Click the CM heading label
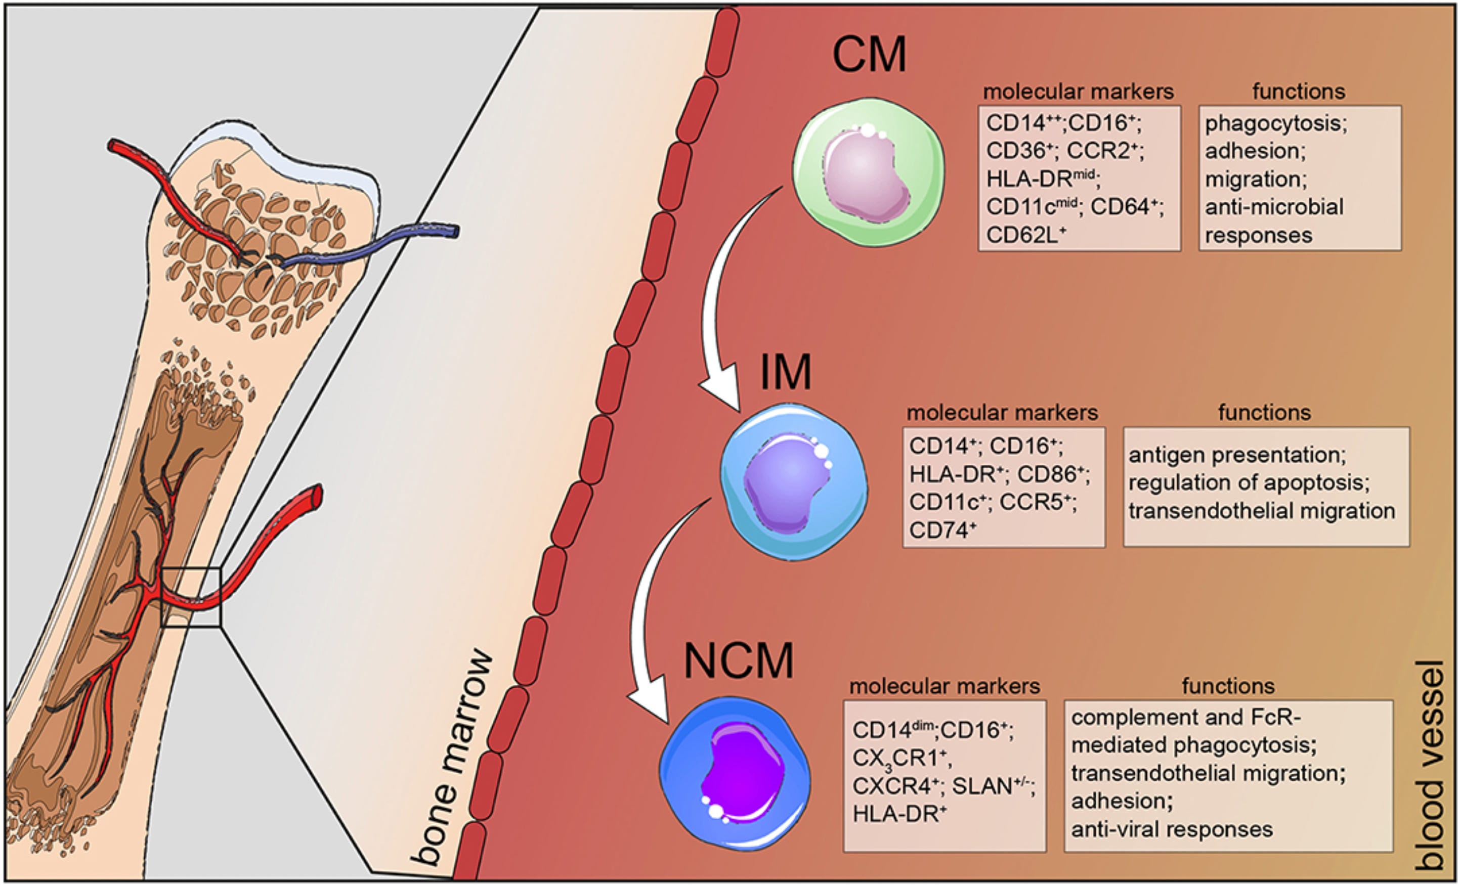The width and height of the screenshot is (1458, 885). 869,55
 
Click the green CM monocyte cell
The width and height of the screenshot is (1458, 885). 868,172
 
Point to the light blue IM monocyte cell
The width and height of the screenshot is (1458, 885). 793,481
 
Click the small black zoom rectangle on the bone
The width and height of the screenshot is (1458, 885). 191,597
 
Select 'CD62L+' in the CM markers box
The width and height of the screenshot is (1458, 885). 1026,235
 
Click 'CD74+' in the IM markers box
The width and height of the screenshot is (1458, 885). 942,530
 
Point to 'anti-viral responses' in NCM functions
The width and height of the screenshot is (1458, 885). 1172,829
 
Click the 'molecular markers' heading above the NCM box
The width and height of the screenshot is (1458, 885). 945,686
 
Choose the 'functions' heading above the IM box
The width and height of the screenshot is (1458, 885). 1265,412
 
